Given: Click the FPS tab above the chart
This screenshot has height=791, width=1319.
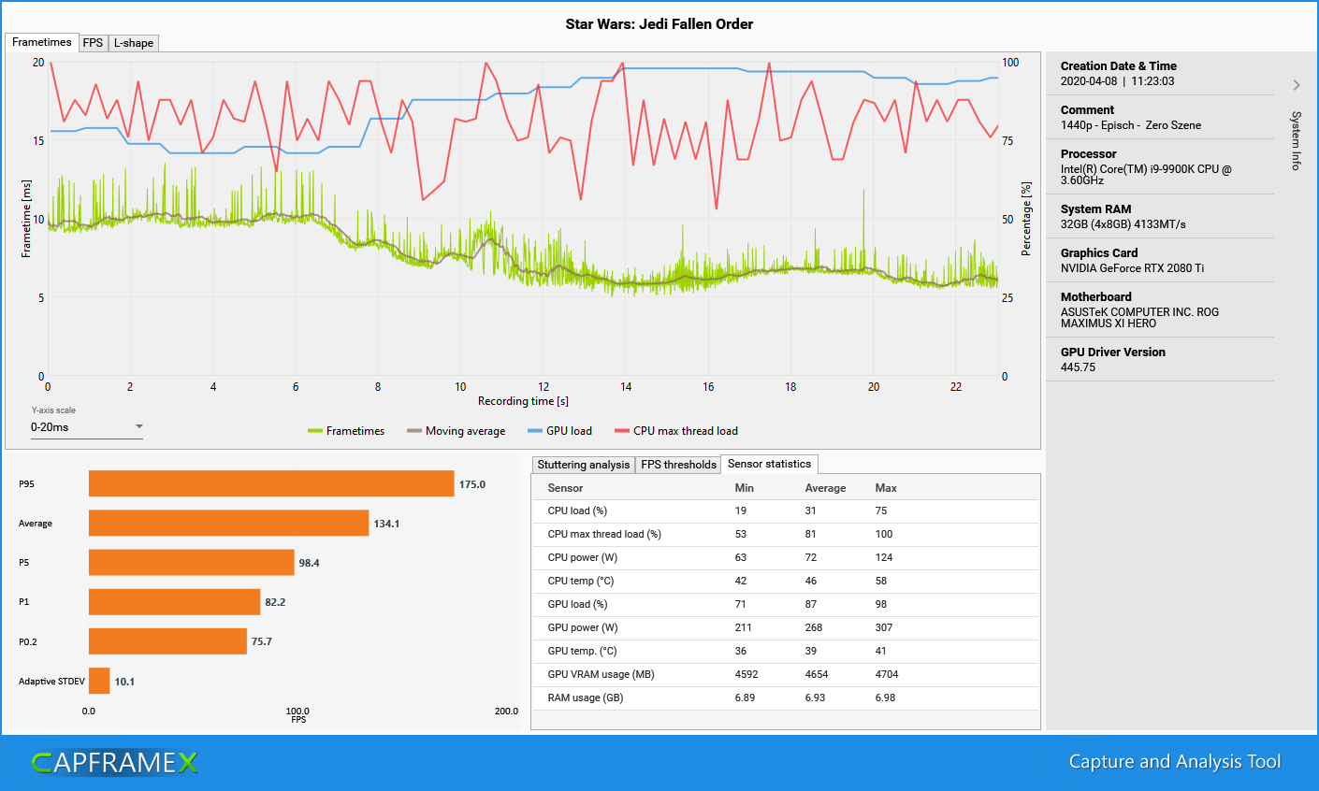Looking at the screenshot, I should (x=93, y=43).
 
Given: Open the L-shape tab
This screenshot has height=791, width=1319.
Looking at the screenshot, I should (x=134, y=43).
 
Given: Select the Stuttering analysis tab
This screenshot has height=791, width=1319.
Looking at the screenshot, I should (x=583, y=465).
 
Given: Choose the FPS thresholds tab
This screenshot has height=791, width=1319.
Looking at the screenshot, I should (x=678, y=465).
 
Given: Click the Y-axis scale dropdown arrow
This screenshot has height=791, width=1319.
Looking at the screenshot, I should (x=139, y=426).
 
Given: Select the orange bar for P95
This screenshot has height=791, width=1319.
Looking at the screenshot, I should (x=271, y=483).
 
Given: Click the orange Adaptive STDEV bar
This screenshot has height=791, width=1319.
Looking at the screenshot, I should (x=99, y=681).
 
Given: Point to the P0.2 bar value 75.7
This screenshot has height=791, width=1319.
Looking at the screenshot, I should (x=262, y=641).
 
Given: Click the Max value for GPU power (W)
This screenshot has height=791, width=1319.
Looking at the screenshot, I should (x=884, y=627).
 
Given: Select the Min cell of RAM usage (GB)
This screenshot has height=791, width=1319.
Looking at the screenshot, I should (x=745, y=698).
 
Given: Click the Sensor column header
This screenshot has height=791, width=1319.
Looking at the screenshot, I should (x=565, y=488).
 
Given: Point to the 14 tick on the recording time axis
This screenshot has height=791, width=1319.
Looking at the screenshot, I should (x=626, y=387).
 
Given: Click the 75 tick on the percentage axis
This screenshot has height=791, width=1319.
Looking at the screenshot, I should (x=1007, y=141).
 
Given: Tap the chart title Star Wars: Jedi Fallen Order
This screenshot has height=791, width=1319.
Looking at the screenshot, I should (x=659, y=24).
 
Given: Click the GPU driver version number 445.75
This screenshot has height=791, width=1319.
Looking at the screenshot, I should (x=1078, y=367).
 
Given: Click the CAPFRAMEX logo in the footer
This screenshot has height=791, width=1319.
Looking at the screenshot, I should (x=114, y=763).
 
